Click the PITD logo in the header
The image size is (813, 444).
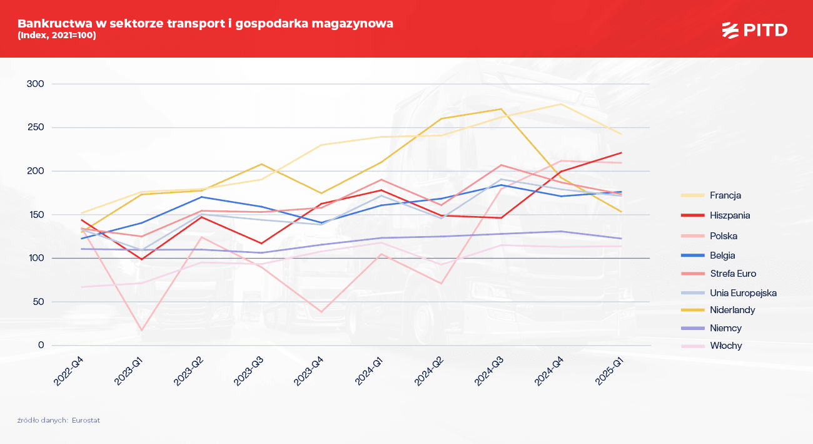click(754, 29)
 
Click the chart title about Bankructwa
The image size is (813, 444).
click(205, 24)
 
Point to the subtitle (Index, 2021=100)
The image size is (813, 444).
click(57, 36)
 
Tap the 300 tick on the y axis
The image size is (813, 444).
click(36, 84)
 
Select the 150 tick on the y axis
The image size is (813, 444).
click(36, 215)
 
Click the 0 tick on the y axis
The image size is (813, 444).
click(41, 345)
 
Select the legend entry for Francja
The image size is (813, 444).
click(725, 195)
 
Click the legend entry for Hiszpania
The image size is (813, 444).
click(730, 215)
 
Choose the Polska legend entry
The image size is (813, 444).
click(724, 236)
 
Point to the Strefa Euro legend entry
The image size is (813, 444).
click(733, 274)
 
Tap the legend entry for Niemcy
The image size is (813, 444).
click(725, 328)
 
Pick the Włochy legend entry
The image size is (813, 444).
click(725, 346)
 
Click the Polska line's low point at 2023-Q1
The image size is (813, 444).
click(141, 330)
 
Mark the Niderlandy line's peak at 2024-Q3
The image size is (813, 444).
click(501, 109)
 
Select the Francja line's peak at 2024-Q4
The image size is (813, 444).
click(561, 104)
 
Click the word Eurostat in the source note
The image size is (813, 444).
click(86, 421)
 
